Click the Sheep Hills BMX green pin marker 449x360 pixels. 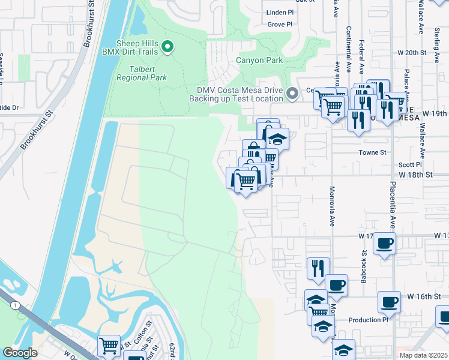(169, 47)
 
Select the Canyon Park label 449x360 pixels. (258, 61)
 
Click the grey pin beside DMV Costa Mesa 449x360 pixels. (292, 94)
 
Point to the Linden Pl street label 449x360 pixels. (280, 12)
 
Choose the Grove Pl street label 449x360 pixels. (280, 25)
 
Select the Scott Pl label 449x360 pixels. (411, 164)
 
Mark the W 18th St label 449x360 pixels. (416, 175)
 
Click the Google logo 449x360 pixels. (20, 352)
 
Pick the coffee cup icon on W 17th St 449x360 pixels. (384, 244)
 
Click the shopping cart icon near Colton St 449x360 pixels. (109, 345)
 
